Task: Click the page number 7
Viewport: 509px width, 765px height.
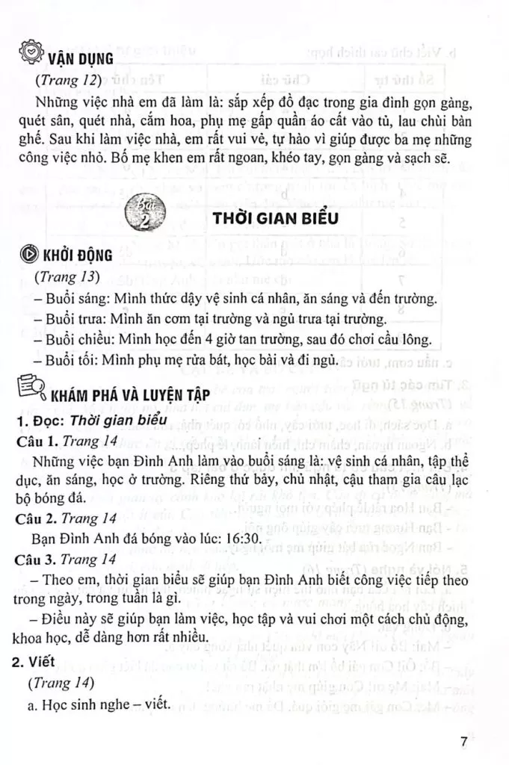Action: coord(465,742)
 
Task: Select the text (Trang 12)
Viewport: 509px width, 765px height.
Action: coord(66,79)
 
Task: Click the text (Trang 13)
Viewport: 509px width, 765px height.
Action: coord(66,276)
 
